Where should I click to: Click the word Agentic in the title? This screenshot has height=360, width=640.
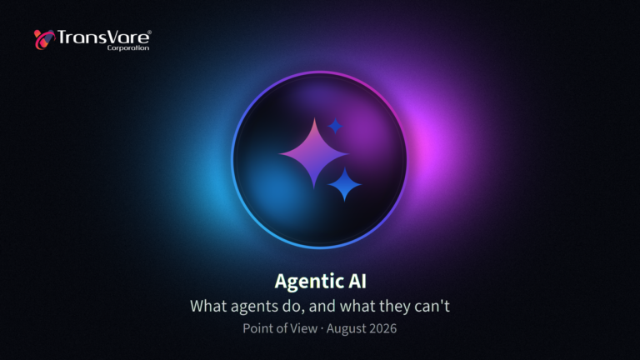point(308,282)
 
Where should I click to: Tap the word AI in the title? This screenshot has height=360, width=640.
point(357,281)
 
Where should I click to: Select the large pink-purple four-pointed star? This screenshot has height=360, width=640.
point(314,153)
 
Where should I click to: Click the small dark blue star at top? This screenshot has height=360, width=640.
point(335,126)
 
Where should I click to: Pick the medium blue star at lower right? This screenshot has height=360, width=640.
point(344,184)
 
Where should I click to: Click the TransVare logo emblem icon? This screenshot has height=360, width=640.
point(44,40)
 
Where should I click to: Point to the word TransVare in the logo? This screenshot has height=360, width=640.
point(103,37)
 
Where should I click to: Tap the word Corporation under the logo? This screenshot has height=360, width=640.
point(128,47)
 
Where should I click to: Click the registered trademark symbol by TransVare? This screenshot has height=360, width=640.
point(149,32)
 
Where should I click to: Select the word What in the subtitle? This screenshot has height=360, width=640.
point(208,306)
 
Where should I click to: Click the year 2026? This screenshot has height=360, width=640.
point(381,328)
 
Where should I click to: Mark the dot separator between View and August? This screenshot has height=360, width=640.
point(322,328)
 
